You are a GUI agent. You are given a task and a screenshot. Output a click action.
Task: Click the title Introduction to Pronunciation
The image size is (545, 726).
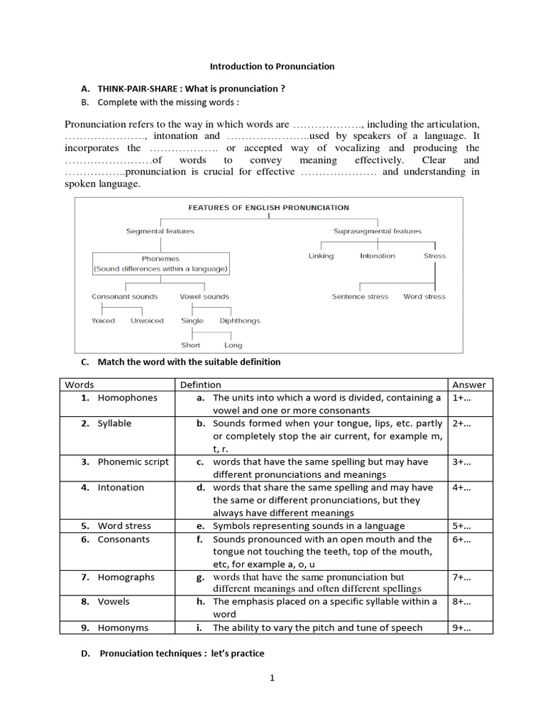pyautogui.click(x=272, y=67)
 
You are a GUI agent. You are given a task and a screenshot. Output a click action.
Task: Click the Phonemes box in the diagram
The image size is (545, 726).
pyautogui.click(x=160, y=264)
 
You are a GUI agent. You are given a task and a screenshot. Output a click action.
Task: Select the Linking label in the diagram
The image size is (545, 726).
pyautogui.click(x=321, y=256)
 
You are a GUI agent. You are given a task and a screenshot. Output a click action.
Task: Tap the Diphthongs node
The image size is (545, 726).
pyautogui.click(x=239, y=321)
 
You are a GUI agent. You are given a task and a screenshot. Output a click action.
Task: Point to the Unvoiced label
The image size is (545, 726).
pyautogui.click(x=147, y=321)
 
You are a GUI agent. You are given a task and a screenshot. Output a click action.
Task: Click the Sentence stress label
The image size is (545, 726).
pyautogui.click(x=360, y=297)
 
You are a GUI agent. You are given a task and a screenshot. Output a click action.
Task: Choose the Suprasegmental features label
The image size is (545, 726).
pyautogui.click(x=377, y=231)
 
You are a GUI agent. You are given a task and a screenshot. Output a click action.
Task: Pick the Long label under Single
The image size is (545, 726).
pyautogui.click(x=233, y=345)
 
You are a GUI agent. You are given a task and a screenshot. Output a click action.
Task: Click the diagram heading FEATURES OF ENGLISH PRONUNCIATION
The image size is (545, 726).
pyautogui.click(x=268, y=208)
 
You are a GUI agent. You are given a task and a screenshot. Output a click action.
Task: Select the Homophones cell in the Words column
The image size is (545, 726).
pyautogui.click(x=127, y=398)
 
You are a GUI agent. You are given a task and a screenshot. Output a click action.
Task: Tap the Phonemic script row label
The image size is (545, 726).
pyautogui.click(x=133, y=462)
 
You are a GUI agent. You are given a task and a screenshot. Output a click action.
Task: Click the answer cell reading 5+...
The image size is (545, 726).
pyautogui.click(x=461, y=526)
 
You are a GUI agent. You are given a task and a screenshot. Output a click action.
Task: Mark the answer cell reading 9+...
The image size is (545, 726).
pyautogui.click(x=461, y=627)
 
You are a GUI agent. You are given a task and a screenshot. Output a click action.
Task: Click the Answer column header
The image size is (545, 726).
pyautogui.click(x=469, y=385)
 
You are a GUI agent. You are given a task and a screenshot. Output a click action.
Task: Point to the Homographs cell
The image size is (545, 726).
pyautogui.click(x=126, y=577)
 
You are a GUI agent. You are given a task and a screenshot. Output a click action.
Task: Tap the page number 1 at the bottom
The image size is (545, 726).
pyautogui.click(x=272, y=678)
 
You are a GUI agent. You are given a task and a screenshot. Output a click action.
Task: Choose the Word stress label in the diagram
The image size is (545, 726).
pyautogui.click(x=424, y=297)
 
